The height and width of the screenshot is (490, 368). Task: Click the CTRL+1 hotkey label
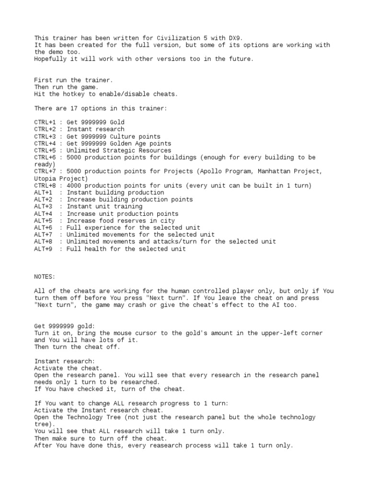45,122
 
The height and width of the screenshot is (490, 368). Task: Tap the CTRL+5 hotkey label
45,150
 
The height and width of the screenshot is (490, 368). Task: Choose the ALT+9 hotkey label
43,249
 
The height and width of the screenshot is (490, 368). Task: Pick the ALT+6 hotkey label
43,228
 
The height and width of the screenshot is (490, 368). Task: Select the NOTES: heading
45,277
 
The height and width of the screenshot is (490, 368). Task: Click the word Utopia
45,178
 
